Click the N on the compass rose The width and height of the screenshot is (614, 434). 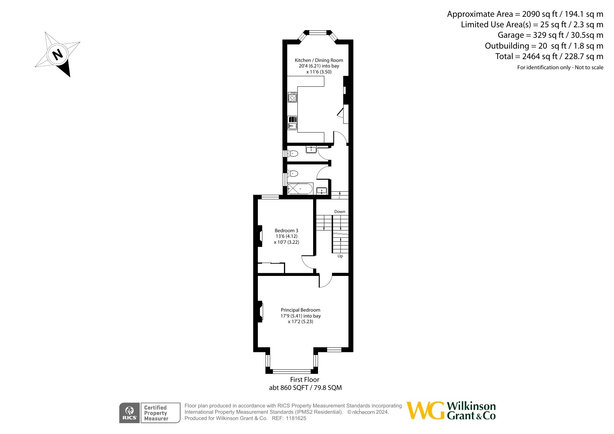[x=57, y=55]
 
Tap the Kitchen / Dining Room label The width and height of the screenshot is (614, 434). [x=319, y=60]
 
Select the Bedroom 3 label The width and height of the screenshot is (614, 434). [x=287, y=230]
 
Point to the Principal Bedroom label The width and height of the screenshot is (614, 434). [x=301, y=310]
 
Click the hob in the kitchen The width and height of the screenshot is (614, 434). [x=292, y=97]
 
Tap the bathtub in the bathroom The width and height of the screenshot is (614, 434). [x=300, y=189]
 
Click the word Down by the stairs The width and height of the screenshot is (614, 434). [x=340, y=212]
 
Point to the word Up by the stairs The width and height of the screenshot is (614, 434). [x=340, y=256]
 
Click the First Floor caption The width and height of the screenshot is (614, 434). [x=305, y=379]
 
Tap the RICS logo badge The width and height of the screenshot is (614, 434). [x=129, y=413]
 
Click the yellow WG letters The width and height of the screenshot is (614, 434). [x=426, y=411]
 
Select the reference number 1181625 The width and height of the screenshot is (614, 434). [x=296, y=418]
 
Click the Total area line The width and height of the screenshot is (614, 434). [x=549, y=56]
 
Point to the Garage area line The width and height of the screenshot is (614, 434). [x=551, y=35]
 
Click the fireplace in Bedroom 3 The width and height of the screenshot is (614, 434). [x=260, y=236]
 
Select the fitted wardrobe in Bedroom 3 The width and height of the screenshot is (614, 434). [x=271, y=268]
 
